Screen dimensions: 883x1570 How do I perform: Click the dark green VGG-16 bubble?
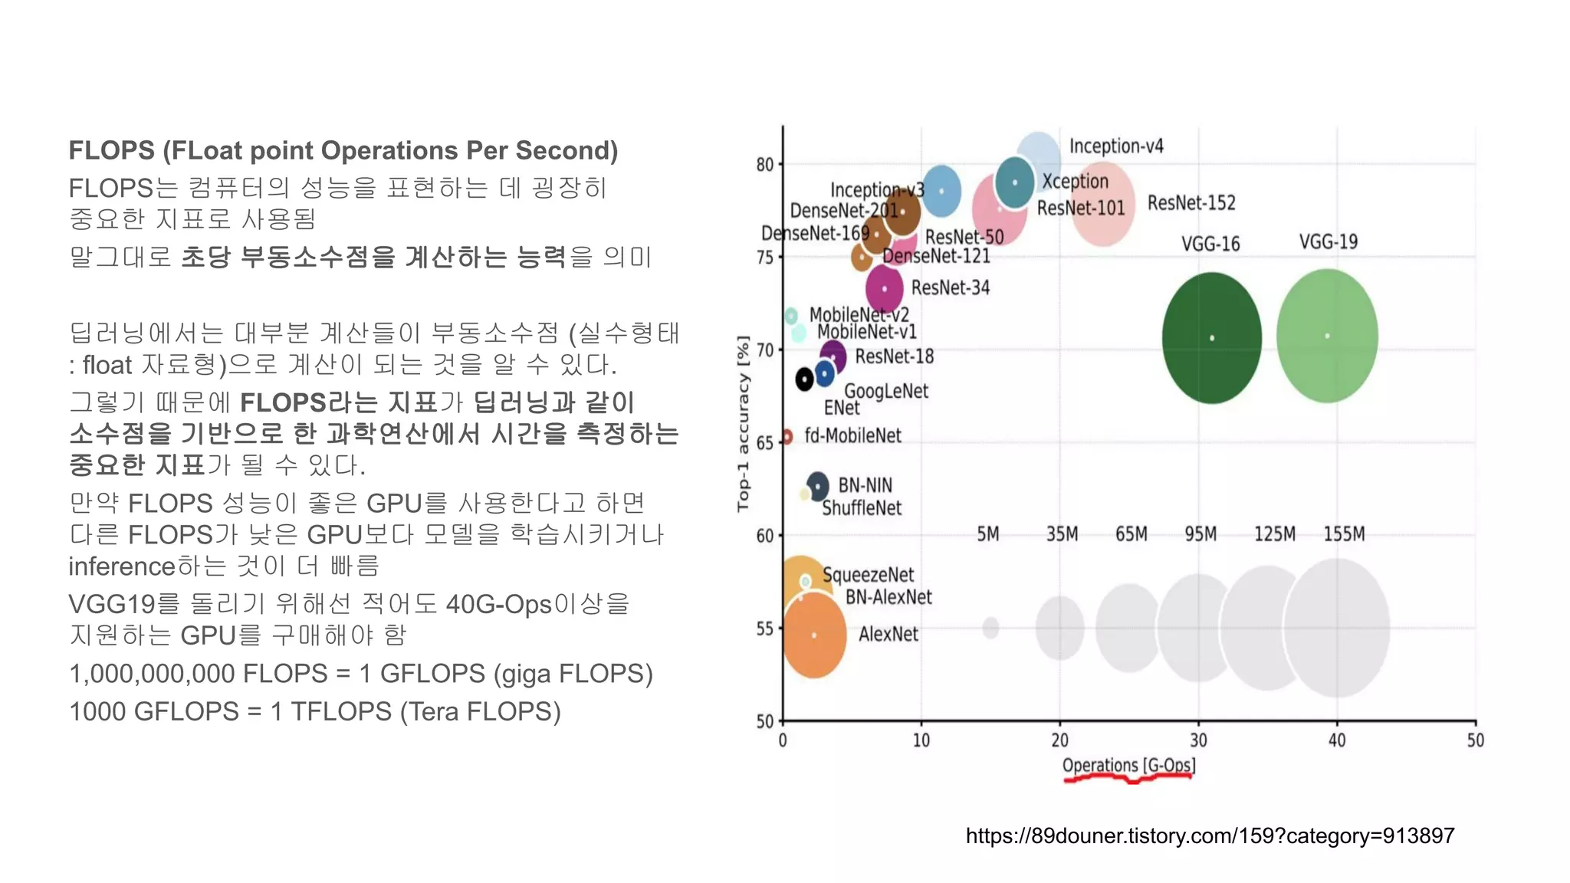pyautogui.click(x=1211, y=338)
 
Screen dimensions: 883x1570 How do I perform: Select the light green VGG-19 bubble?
pyautogui.click(x=1327, y=336)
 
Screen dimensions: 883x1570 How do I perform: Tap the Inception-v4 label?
pyautogui.click(x=1115, y=146)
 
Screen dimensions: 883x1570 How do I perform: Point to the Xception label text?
pyautogui.click(x=1075, y=182)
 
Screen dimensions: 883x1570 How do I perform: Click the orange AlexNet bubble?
pyautogui.click(x=814, y=635)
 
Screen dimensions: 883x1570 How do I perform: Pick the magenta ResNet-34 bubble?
pyautogui.click(x=884, y=289)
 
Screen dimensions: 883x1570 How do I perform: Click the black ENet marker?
pyautogui.click(x=803, y=379)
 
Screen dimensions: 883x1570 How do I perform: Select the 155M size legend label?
pyautogui.click(x=1343, y=533)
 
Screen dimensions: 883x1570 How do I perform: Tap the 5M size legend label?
pyautogui.click(x=987, y=533)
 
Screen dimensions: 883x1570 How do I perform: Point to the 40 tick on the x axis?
pyautogui.click(x=1336, y=740)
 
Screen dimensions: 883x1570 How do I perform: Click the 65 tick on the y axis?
pyautogui.click(x=764, y=443)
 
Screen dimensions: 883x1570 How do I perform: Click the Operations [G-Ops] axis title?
pyautogui.click(x=1128, y=765)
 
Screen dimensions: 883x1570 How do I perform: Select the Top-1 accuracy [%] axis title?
pyautogui.click(x=742, y=422)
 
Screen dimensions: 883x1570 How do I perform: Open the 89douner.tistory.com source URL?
pyautogui.click(x=1210, y=835)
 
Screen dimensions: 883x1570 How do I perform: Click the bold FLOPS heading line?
pyautogui.click(x=343, y=150)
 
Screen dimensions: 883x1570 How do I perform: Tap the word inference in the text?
pyautogui.click(x=122, y=566)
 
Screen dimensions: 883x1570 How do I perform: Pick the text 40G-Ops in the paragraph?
pyautogui.click(x=498, y=604)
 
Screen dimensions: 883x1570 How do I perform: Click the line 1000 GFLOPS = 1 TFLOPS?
pyautogui.click(x=314, y=711)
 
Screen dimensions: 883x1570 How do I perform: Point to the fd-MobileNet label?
pyautogui.click(x=852, y=435)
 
